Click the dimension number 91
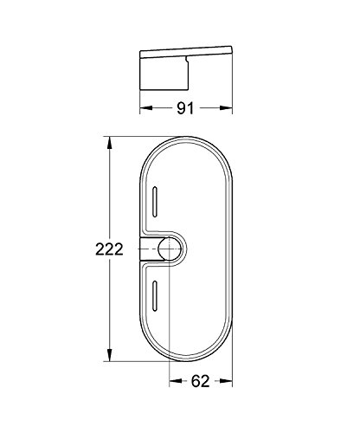click(x=183, y=109)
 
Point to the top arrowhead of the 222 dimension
click(x=108, y=141)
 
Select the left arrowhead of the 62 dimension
click(x=171, y=378)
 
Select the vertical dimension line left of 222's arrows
click(x=108, y=199)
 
